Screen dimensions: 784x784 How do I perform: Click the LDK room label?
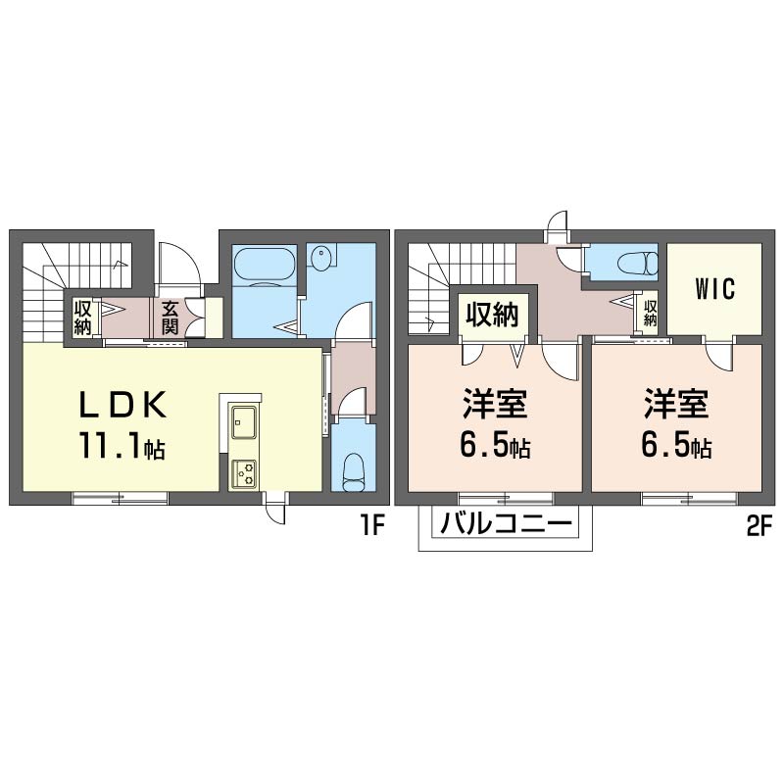[x=123, y=404]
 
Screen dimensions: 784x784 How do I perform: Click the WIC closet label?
[x=715, y=288]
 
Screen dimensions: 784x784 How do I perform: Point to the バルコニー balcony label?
[x=506, y=523]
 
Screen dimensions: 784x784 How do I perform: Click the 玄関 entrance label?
[x=169, y=318]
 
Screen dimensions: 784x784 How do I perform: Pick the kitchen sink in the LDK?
[x=243, y=421]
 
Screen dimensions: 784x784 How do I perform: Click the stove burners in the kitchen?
[x=243, y=472]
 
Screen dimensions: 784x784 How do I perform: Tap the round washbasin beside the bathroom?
[x=320, y=259]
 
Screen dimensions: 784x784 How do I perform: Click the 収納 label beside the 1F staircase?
[x=83, y=318]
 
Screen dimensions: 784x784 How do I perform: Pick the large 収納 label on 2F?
[x=493, y=316]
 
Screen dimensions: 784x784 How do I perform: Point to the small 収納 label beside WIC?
[x=650, y=313]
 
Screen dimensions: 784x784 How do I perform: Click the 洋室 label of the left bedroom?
[x=494, y=404]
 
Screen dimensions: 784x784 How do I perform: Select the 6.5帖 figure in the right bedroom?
[x=676, y=445]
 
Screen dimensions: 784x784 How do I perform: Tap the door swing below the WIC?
[x=718, y=356]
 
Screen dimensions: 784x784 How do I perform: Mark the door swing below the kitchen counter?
[x=276, y=509]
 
